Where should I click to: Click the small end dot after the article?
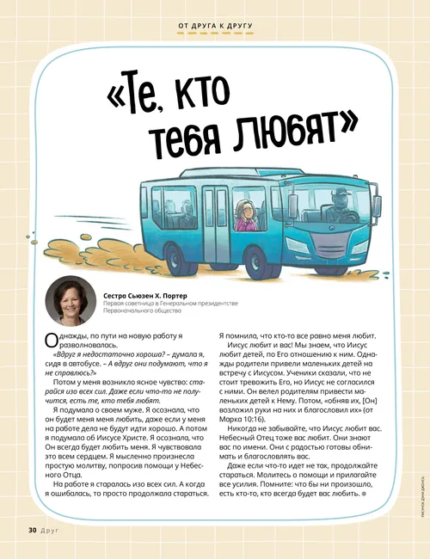pyautogui.click(x=365, y=494)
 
